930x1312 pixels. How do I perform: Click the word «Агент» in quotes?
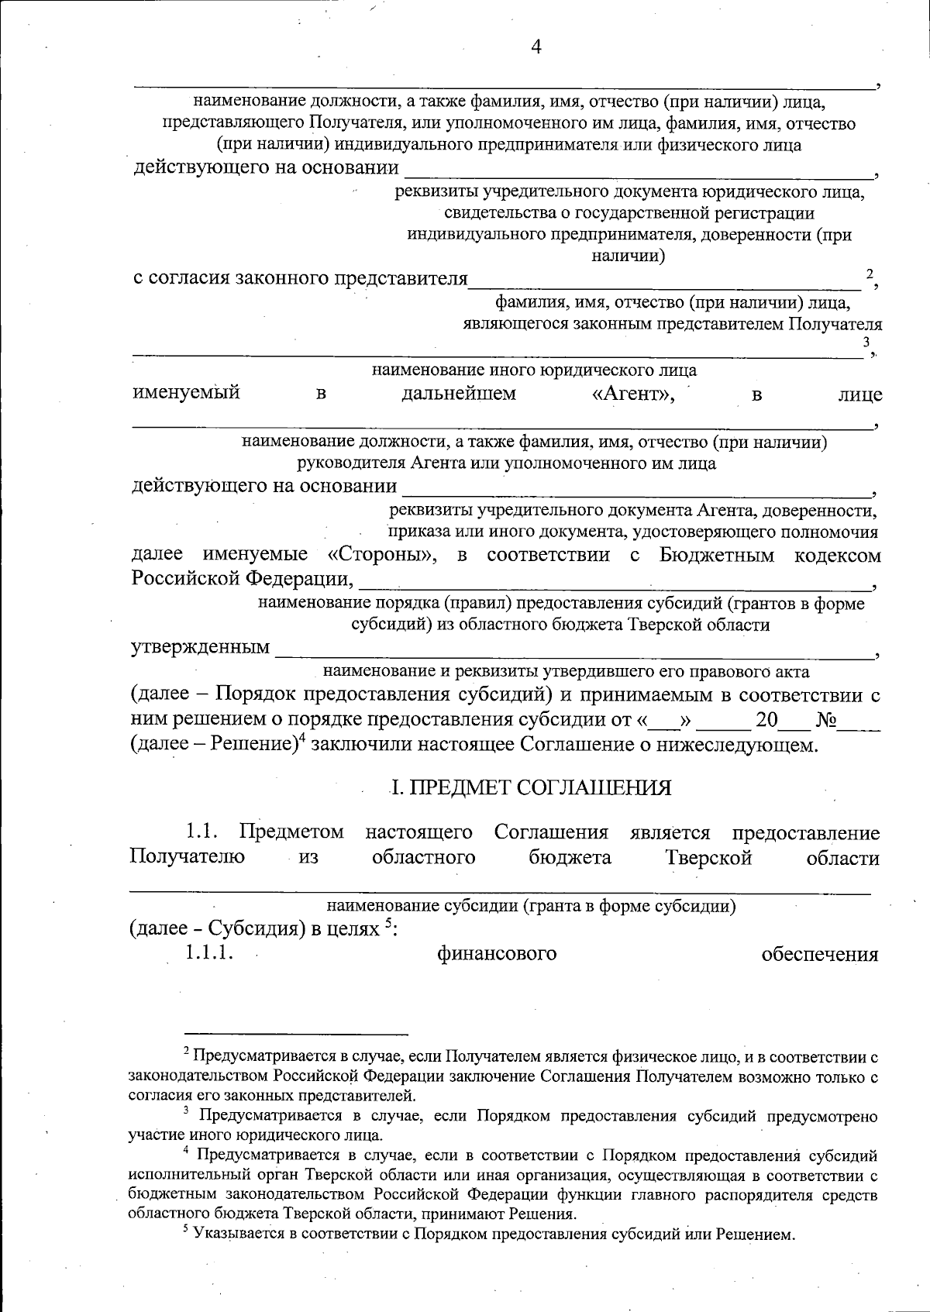[x=633, y=394]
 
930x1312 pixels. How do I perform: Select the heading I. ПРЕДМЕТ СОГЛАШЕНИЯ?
[x=531, y=787]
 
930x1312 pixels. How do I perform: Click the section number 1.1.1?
[x=209, y=953]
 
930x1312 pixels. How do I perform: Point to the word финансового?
[x=497, y=953]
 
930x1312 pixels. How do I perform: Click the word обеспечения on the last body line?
[x=820, y=954]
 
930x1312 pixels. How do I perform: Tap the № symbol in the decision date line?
[x=826, y=720]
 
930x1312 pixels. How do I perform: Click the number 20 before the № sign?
[x=766, y=720]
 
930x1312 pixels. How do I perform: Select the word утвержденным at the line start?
[x=200, y=646]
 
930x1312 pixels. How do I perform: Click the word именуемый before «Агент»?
[x=186, y=393]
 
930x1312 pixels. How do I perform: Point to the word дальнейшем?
[x=459, y=394]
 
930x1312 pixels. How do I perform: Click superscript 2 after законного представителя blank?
[x=870, y=274]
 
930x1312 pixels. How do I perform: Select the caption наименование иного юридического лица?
[x=534, y=370]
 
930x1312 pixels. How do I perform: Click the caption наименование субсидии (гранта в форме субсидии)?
[x=531, y=905]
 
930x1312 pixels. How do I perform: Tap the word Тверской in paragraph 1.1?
[x=708, y=858]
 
